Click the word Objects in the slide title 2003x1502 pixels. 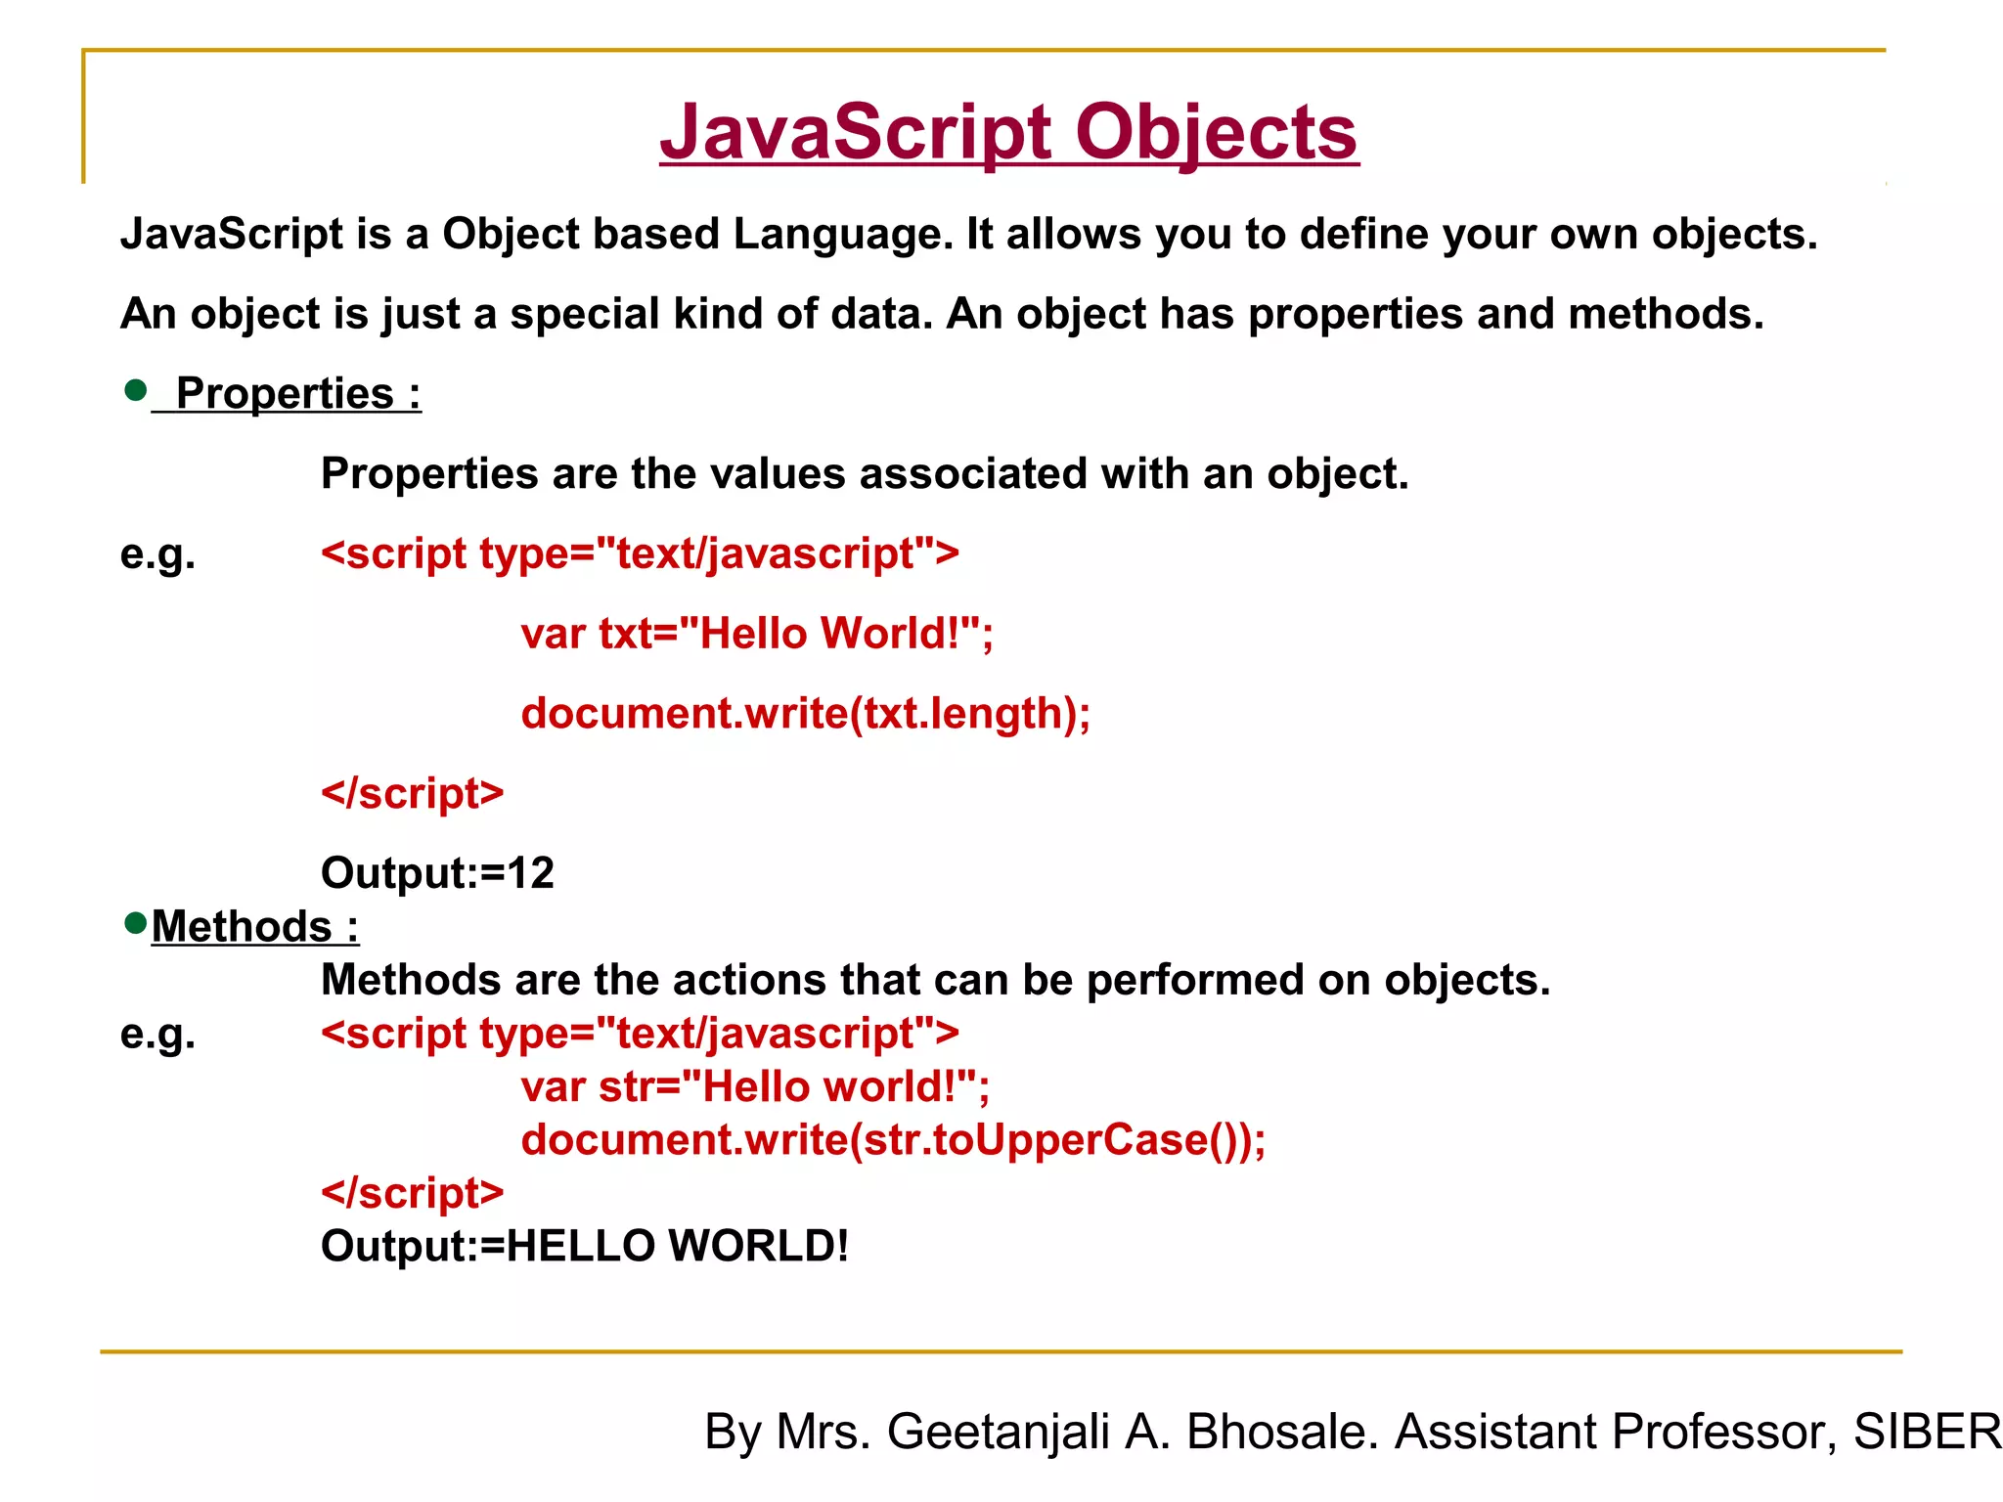pyautogui.click(x=1217, y=133)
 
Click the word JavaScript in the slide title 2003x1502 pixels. pyautogui.click(x=856, y=133)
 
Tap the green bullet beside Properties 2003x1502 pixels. pyautogui.click(x=136, y=391)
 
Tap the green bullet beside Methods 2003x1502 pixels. pyautogui.click(x=136, y=922)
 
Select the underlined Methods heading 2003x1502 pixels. pyautogui.click(x=254, y=927)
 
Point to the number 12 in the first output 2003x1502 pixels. pyautogui.click(x=531, y=873)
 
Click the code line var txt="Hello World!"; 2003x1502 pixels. pyautogui.click(x=757, y=634)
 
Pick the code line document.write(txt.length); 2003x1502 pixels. pyautogui.click(x=805, y=714)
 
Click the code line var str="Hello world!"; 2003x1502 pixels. pyautogui.click(x=755, y=1087)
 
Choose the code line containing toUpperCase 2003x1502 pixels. pyautogui.click(x=893, y=1140)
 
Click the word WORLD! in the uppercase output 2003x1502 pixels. pyautogui.click(x=759, y=1247)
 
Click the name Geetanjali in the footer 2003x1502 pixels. pyautogui.click(x=998, y=1433)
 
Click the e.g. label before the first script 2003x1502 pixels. pyautogui.click(x=157, y=554)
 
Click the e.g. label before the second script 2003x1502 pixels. pyautogui.click(x=157, y=1035)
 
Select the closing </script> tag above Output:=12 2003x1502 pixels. pyautogui.click(x=412, y=794)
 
